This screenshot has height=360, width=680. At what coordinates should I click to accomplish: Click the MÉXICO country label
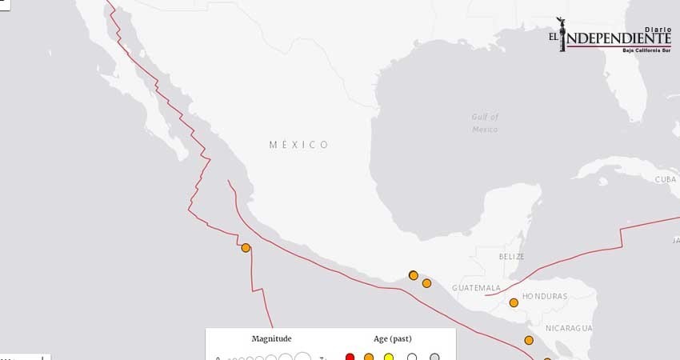coord(299,145)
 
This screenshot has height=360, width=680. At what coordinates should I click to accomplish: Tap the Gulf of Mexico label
coord(485,122)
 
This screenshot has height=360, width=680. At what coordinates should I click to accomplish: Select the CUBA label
coord(666,179)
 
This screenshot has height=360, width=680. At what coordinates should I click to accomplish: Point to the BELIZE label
coord(511,257)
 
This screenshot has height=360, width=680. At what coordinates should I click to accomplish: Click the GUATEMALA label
coord(476,288)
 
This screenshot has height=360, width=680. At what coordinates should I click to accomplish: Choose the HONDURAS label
coord(544,297)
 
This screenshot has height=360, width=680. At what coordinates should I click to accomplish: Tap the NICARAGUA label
coord(569,328)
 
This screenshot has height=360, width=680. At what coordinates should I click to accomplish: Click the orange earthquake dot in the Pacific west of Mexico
coord(246,248)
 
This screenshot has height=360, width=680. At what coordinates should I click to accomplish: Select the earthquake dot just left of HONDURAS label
coord(514,302)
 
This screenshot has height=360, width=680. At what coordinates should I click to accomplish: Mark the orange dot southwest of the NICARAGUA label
coord(529,340)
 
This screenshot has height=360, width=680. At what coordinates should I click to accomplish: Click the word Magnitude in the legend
coord(271,338)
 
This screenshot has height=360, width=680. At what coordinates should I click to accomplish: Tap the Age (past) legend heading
coord(393,338)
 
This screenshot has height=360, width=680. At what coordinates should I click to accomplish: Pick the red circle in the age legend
coord(350,357)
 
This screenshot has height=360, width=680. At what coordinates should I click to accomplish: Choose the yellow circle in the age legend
coord(390,357)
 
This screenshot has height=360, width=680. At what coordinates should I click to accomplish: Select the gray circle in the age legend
coord(434,357)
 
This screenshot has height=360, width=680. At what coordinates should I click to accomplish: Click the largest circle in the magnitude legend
coord(303,357)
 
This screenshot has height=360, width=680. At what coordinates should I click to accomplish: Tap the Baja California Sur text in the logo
coord(646,50)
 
